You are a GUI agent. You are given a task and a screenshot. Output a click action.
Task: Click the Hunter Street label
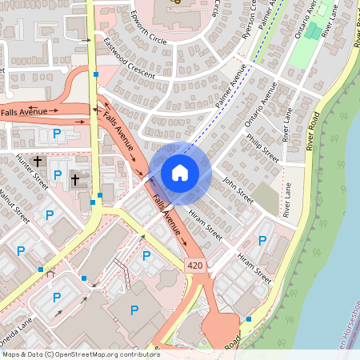pyautogui.click(x=32, y=173)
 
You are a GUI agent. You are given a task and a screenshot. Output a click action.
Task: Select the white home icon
pyautogui.click(x=180, y=172)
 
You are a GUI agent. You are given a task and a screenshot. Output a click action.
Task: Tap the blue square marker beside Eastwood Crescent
pyautogui.click(x=96, y=74)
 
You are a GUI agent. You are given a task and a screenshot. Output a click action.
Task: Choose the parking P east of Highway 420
pyautogui.click(x=262, y=241)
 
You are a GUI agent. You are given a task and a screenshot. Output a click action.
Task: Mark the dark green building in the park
pyautogui.click(x=314, y=31)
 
